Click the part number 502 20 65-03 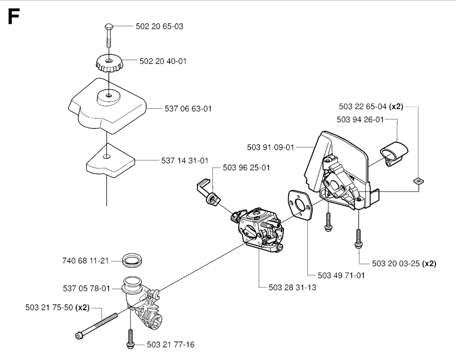159,27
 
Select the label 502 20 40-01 163,61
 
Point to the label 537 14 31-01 184,160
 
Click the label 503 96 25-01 246,168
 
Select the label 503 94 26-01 360,119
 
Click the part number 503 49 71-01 342,275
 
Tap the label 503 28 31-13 293,288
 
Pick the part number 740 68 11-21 85,261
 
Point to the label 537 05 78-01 86,289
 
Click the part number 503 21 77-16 171,344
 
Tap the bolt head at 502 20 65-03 109,28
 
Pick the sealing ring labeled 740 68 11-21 132,260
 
